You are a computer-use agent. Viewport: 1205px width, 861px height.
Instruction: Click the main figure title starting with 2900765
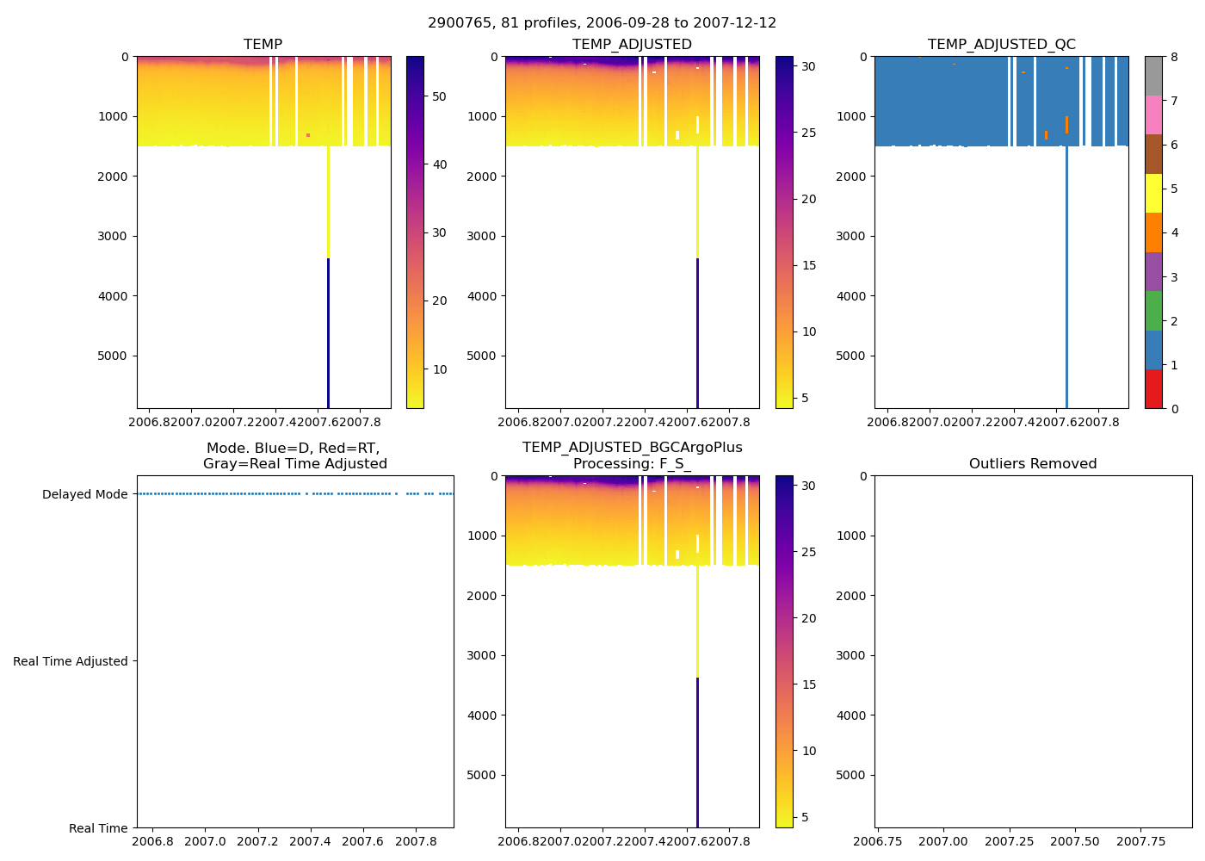602,23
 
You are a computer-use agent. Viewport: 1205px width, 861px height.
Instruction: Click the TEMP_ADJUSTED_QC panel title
1001,45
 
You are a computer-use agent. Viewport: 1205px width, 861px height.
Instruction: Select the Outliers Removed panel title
1032,464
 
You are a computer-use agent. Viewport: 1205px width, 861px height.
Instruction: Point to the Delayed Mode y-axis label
84,494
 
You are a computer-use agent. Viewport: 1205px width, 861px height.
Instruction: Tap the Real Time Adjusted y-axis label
70,661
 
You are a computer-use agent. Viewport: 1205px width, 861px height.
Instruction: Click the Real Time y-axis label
98,828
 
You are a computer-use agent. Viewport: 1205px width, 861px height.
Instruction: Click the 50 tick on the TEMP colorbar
439,96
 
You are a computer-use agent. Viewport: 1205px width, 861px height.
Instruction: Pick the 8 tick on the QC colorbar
1174,57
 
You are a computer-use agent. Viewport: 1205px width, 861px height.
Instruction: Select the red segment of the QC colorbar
1153,389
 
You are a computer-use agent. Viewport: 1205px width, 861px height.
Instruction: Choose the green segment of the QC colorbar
1153,311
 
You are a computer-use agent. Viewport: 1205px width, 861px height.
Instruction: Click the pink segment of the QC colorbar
1153,115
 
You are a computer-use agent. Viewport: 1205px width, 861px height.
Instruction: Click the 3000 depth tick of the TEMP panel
114,236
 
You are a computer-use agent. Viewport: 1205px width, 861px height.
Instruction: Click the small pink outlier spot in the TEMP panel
307,135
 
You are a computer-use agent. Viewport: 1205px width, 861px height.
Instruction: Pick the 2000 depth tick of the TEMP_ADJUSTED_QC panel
851,177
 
